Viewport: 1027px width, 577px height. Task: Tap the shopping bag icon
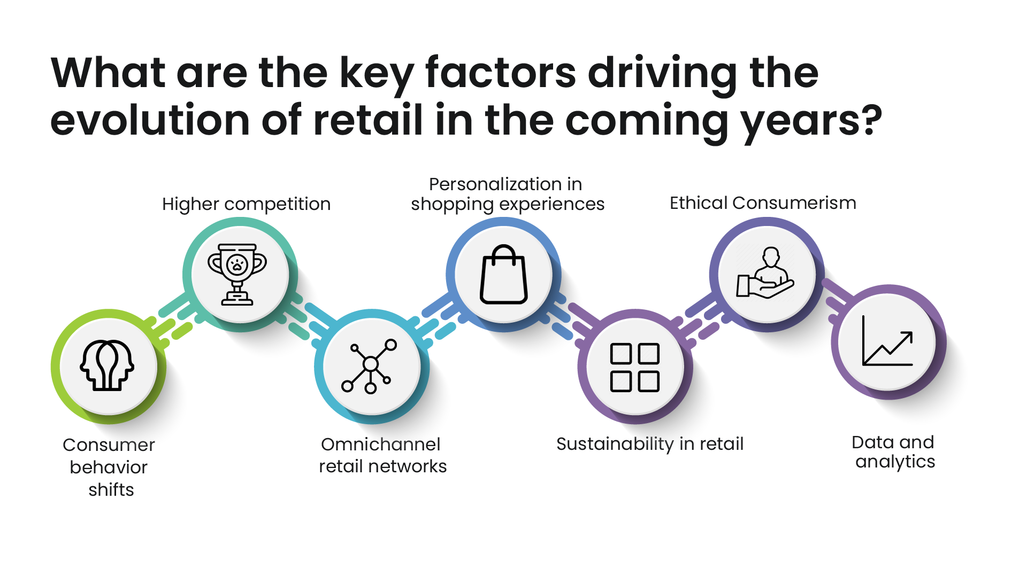[503, 275]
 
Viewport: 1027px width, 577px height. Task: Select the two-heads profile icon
[107, 365]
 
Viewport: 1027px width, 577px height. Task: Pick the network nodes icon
[370, 367]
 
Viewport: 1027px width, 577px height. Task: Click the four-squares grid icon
[635, 368]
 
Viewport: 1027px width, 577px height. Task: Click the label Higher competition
[247, 205]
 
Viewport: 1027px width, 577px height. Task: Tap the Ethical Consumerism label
[763, 203]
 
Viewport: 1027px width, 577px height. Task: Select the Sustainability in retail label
[650, 444]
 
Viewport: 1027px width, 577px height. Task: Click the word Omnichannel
[380, 445]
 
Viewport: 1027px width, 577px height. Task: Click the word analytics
[895, 462]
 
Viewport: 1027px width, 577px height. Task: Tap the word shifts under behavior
[111, 490]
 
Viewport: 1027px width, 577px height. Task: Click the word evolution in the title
[150, 120]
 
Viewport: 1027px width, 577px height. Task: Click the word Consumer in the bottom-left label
[109, 445]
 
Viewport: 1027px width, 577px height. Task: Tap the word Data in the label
[872, 442]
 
